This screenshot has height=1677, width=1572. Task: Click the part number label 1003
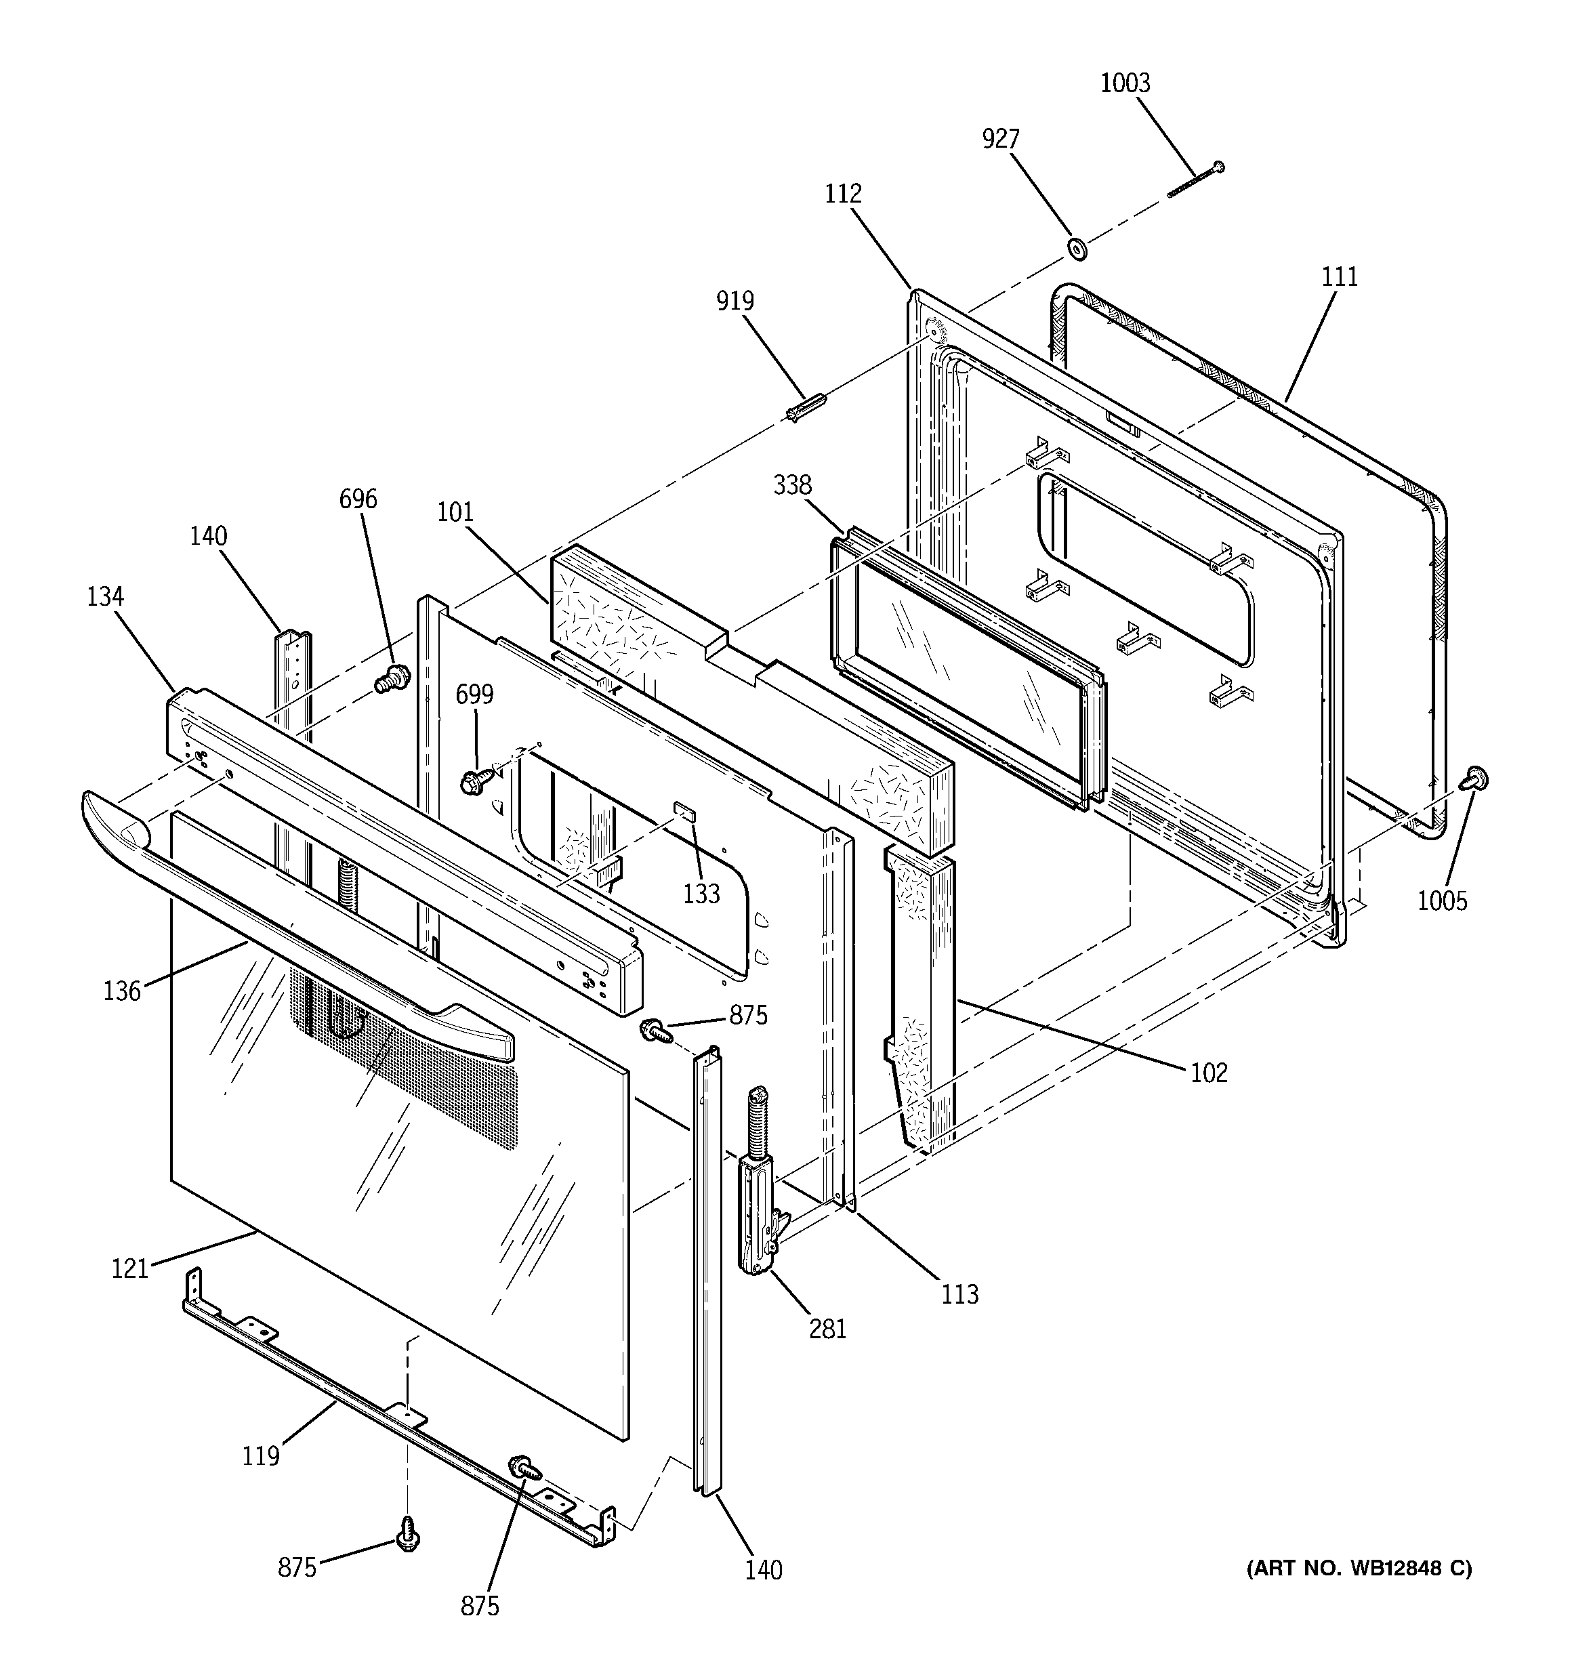(1125, 83)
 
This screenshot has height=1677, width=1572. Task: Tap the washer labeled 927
(1076, 249)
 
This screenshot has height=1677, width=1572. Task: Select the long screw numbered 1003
(1195, 180)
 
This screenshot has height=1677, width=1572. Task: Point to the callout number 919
(735, 300)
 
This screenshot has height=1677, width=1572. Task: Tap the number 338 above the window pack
(792, 485)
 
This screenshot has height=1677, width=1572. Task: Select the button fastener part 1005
(1476, 779)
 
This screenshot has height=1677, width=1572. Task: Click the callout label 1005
(1442, 901)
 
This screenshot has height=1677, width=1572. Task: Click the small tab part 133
(684, 812)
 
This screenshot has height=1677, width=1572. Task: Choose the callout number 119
(261, 1456)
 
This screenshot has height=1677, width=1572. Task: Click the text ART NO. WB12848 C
(1359, 1567)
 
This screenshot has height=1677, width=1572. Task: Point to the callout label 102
(1208, 1073)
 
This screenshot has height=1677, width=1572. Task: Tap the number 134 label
(106, 596)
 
